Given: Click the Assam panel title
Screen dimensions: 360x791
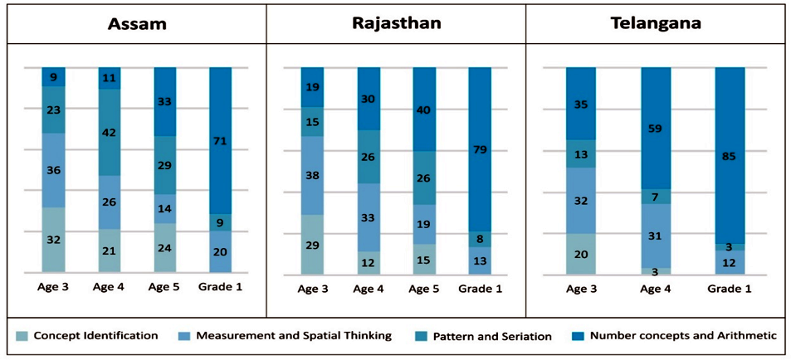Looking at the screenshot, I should [x=137, y=23].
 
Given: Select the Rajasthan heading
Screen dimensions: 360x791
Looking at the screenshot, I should [x=396, y=22].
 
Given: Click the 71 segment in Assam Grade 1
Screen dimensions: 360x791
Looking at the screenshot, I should [x=221, y=141].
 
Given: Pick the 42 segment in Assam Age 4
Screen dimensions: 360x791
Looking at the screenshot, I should [x=110, y=132].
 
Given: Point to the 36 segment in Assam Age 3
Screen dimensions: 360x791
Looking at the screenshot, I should [x=53, y=170].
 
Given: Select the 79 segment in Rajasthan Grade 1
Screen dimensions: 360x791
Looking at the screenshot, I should [x=481, y=149].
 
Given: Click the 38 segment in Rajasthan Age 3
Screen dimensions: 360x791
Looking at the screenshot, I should [x=312, y=175].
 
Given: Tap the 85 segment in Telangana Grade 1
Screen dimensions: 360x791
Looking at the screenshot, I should [x=730, y=155].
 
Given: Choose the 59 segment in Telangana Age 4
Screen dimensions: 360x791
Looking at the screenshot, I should [x=656, y=129].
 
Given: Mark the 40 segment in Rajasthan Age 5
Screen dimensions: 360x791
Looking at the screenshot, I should [x=424, y=109].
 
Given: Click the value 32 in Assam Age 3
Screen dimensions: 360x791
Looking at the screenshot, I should [x=53, y=240].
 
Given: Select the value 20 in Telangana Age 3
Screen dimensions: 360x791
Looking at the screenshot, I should [x=581, y=254].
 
